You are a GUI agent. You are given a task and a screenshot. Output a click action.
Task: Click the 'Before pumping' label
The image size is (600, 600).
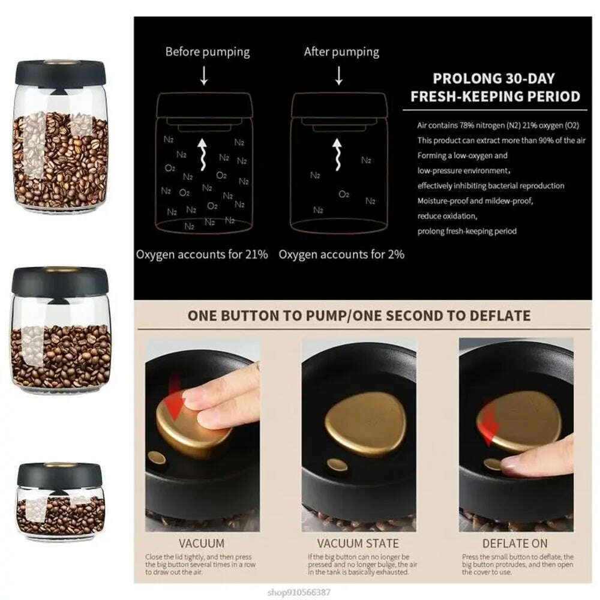[208, 52]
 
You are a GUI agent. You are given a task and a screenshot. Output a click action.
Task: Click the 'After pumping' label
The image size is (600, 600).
[341, 52]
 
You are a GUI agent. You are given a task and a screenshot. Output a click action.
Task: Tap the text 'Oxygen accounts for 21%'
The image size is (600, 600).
[202, 254]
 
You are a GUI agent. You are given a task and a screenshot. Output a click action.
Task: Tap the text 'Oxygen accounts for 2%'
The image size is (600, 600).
[341, 254]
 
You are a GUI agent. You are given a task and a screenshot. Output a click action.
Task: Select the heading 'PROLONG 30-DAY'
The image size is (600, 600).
[494, 79]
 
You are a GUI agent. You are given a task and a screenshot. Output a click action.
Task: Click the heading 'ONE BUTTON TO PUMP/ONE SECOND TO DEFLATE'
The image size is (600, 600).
[359, 316]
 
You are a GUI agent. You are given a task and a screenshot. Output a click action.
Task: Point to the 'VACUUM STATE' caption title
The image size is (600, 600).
[358, 544]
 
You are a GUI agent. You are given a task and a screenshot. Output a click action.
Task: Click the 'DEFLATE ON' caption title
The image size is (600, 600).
[515, 544]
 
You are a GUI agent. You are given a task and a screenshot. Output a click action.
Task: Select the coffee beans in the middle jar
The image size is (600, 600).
[60, 357]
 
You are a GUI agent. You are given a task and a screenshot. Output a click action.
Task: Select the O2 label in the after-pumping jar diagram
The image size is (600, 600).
[344, 194]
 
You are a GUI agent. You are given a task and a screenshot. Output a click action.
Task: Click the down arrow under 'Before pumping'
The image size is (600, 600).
[204, 76]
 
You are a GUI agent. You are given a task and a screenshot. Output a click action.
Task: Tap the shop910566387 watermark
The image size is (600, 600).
[559, 591]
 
